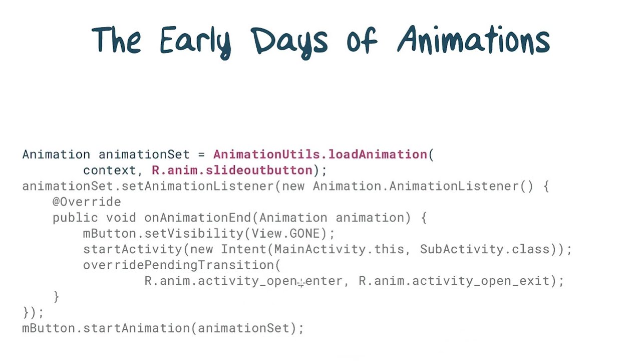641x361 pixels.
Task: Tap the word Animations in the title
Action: click(x=473, y=40)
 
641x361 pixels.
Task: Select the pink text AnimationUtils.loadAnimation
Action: click(x=320, y=154)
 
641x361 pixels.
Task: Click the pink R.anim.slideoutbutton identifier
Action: click(x=232, y=170)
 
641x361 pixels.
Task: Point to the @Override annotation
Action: click(x=87, y=202)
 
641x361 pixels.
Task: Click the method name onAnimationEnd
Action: click(x=197, y=218)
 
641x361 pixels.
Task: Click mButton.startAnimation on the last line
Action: click(x=106, y=328)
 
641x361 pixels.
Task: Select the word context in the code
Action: click(x=109, y=170)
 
